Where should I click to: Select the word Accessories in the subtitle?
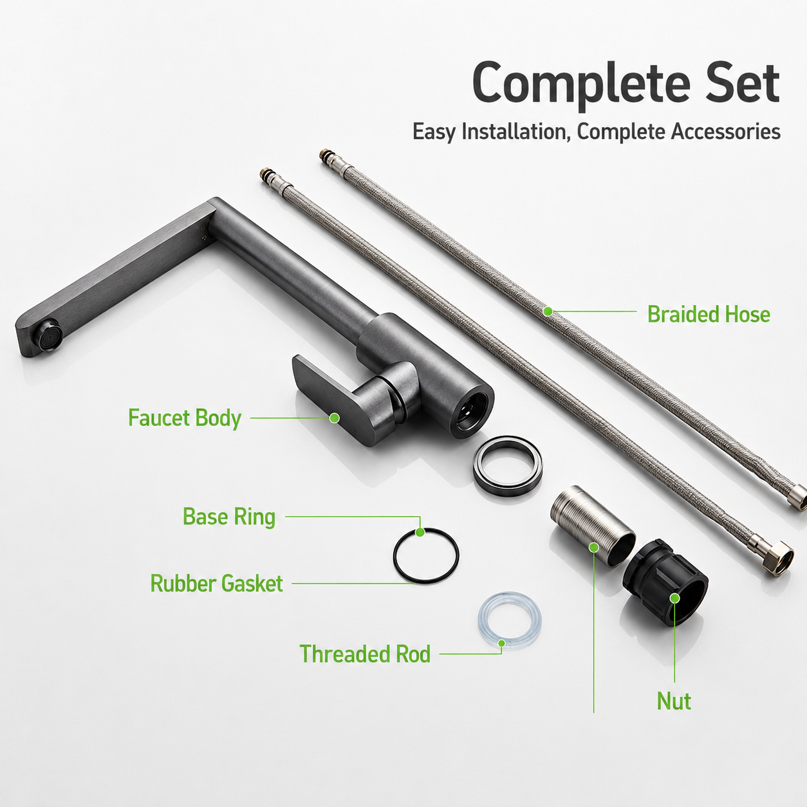pyautogui.click(x=726, y=131)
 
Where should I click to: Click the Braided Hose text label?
pyautogui.click(x=709, y=315)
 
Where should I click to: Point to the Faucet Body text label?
pyautogui.click(x=185, y=418)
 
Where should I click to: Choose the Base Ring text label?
pyautogui.click(x=229, y=517)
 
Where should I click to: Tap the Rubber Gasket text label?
pyautogui.click(x=216, y=583)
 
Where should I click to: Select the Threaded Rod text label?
pyautogui.click(x=365, y=654)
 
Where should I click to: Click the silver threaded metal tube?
pyautogui.click(x=593, y=526)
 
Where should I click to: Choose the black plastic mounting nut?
pyautogui.click(x=665, y=582)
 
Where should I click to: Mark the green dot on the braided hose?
pyautogui.click(x=548, y=311)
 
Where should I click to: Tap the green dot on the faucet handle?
pyautogui.click(x=334, y=418)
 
